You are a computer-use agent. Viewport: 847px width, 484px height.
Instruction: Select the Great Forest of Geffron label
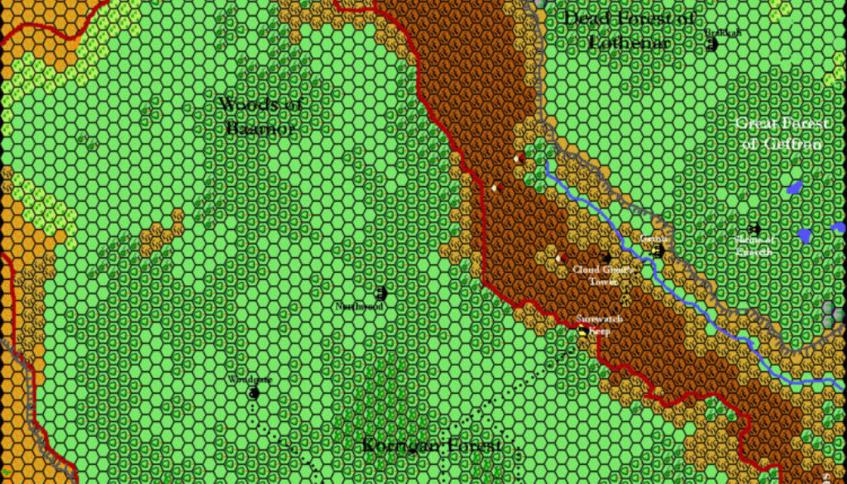[x=782, y=133]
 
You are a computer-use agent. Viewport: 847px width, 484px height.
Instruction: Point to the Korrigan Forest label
[x=432, y=447]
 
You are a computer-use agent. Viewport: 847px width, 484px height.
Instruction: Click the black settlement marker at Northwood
[x=381, y=293]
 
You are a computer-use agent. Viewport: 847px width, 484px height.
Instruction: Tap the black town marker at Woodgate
[x=253, y=393]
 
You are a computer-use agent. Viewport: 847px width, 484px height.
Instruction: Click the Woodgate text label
[x=249, y=380]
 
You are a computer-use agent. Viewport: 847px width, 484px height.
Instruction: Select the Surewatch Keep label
[x=599, y=323]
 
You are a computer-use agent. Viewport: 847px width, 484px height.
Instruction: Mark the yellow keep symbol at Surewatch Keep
[x=583, y=331]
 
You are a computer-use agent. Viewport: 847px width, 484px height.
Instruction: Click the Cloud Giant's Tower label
[x=603, y=275]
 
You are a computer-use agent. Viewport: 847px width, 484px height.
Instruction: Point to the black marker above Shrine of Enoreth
[x=754, y=228]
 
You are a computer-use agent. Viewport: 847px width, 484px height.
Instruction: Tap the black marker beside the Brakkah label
[x=711, y=45]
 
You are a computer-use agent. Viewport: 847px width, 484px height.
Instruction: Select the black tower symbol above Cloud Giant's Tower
[x=605, y=258]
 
